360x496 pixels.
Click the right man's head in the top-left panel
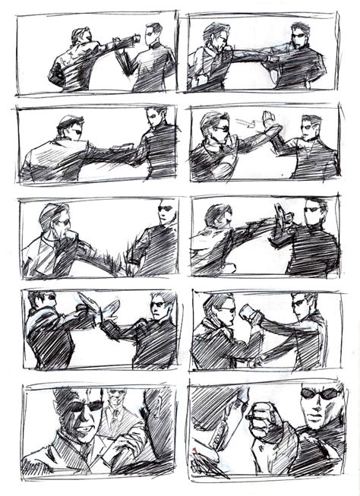point(153,33)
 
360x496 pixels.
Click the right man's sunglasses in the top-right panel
point(299,34)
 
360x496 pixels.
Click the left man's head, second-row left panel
point(70,125)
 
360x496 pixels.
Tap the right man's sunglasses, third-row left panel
point(165,209)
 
